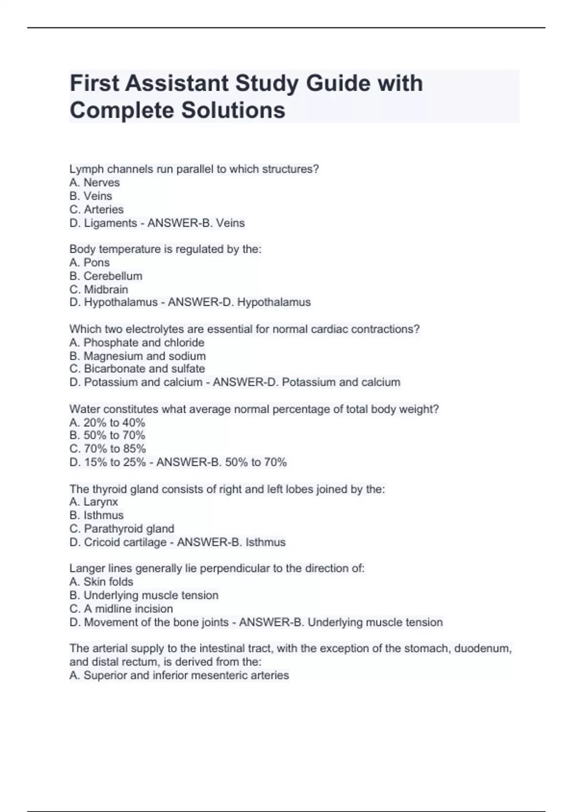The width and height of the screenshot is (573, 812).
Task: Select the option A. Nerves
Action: (x=95, y=182)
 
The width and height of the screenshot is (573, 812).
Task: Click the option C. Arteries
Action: (x=96, y=209)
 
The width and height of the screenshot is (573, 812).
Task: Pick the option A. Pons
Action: (x=89, y=262)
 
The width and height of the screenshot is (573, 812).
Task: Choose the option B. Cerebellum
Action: (x=106, y=276)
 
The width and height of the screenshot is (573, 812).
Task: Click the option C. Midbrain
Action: (x=99, y=289)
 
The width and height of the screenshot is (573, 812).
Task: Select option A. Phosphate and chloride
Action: (x=137, y=342)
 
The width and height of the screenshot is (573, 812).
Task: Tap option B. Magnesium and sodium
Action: (x=138, y=356)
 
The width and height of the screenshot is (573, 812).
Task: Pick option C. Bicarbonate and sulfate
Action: (x=137, y=369)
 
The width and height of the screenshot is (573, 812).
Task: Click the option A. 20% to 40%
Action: (x=107, y=423)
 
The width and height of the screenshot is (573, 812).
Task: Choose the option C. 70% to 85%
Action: (x=107, y=449)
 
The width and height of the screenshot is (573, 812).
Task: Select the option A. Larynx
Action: (x=94, y=502)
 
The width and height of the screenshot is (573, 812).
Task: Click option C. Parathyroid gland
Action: (x=122, y=529)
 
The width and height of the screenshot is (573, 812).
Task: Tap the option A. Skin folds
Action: (x=101, y=582)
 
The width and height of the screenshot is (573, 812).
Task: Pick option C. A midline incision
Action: (x=121, y=609)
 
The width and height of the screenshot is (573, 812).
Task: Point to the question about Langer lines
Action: (x=217, y=568)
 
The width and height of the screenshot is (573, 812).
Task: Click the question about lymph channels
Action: (x=194, y=169)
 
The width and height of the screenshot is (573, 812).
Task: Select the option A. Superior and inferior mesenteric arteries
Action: (x=179, y=675)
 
